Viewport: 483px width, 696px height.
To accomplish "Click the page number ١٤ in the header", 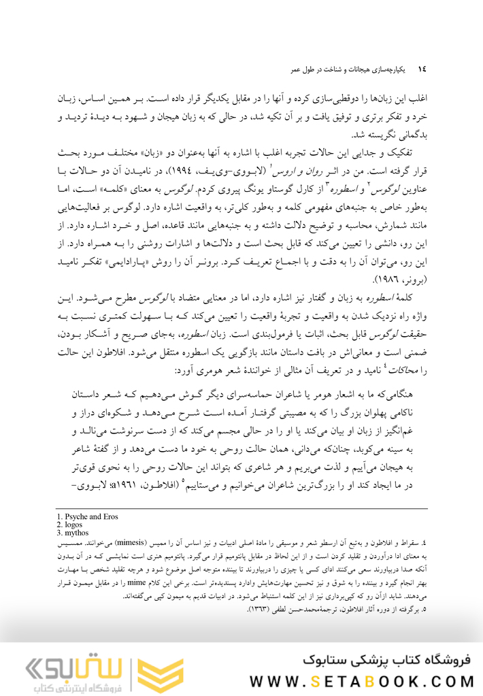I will (x=422, y=69).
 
